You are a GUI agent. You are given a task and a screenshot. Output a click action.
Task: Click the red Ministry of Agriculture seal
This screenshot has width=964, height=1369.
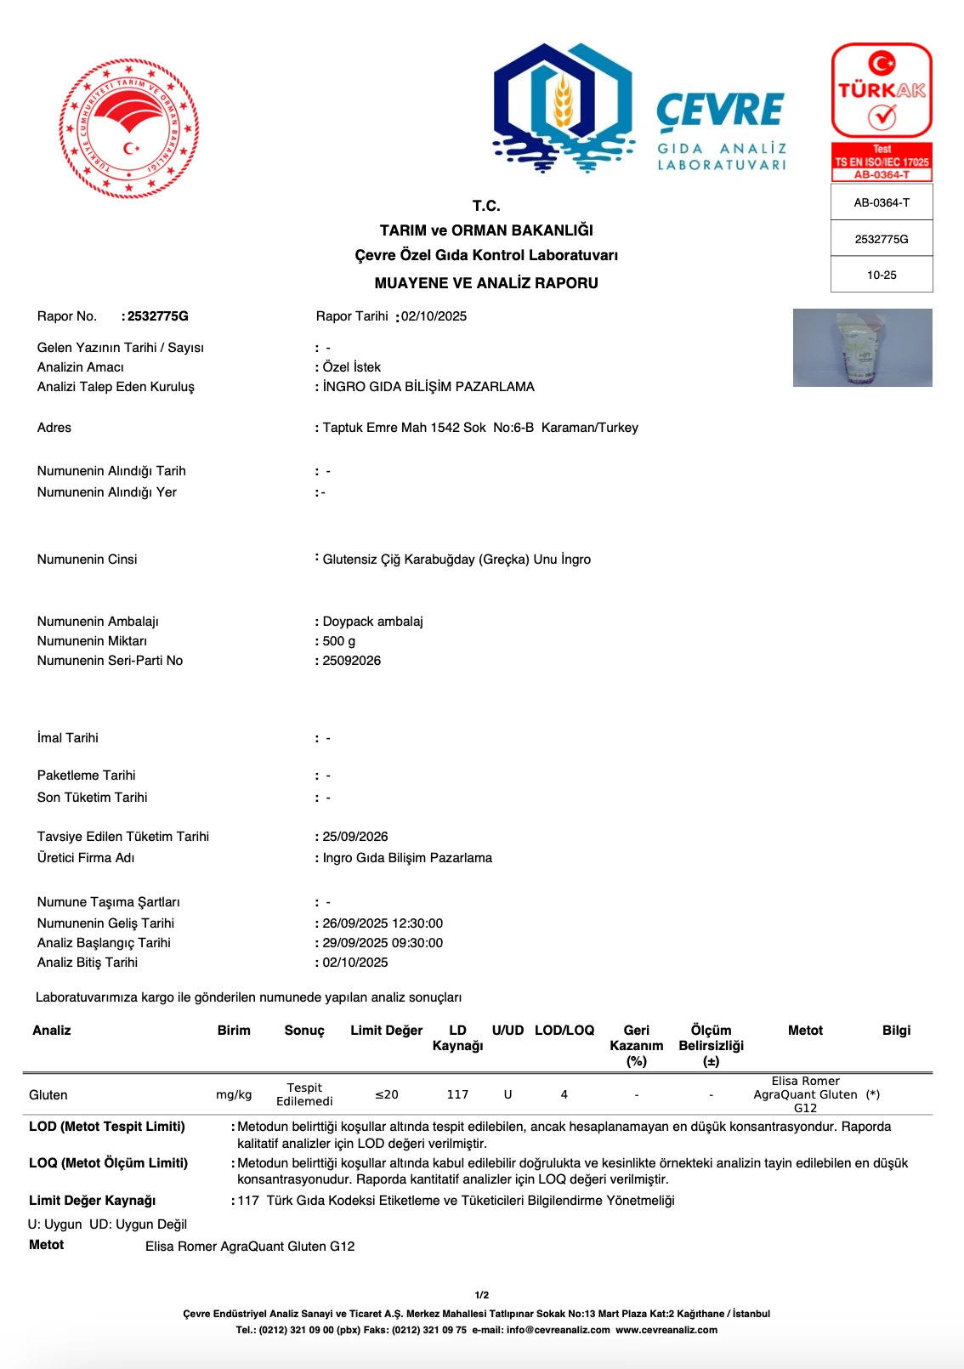pyautogui.click(x=129, y=128)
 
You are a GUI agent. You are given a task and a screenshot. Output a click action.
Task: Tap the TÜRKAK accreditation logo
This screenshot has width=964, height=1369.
pyautogui.click(x=882, y=91)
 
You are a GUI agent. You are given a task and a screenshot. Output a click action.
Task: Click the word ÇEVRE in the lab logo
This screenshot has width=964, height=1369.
pyautogui.click(x=720, y=111)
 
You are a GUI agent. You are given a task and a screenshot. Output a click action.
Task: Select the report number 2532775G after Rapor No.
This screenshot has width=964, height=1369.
pyautogui.click(x=158, y=316)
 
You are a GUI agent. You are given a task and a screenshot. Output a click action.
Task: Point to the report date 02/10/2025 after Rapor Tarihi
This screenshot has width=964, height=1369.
pyautogui.click(x=434, y=316)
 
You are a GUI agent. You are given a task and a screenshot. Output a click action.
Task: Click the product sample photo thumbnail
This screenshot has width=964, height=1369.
pyautogui.click(x=862, y=348)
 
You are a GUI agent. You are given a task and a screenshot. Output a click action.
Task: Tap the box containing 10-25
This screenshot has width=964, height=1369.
pyautogui.click(x=882, y=275)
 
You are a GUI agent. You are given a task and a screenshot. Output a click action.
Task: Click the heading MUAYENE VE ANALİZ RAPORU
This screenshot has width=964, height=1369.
pyautogui.click(x=486, y=283)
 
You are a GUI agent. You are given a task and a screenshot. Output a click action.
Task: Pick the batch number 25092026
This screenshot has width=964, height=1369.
pyautogui.click(x=352, y=661)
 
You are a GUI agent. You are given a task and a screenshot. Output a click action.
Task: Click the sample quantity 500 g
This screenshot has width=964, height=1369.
pyautogui.click(x=339, y=641)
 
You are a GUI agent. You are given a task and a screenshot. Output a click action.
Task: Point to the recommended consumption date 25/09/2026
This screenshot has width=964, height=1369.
pyautogui.click(x=355, y=837)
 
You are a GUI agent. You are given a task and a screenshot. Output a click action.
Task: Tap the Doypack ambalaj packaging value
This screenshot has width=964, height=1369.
pyautogui.click(x=372, y=622)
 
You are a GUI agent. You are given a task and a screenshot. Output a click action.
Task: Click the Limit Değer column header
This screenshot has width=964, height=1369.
pyautogui.click(x=386, y=1031)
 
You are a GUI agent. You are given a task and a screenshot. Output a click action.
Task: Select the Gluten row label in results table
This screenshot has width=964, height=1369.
pyautogui.click(x=48, y=1095)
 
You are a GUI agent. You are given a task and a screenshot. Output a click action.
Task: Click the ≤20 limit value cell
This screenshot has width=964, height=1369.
pyautogui.click(x=387, y=1095)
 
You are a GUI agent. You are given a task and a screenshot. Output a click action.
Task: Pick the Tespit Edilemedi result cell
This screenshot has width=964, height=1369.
pyautogui.click(x=304, y=1094)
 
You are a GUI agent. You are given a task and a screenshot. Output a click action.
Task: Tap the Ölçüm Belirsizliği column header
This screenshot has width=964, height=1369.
pyautogui.click(x=711, y=1045)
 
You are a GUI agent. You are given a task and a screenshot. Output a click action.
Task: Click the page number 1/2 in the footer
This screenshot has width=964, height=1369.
pyautogui.click(x=482, y=1295)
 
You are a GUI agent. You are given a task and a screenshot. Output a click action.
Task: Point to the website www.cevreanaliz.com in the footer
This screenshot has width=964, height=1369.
pyautogui.click(x=666, y=1330)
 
